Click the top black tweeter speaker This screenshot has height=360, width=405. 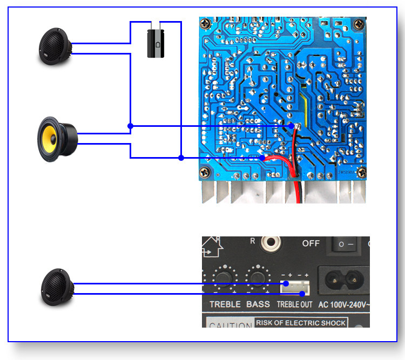55,47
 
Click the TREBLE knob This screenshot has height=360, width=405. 222,278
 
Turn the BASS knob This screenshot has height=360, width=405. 257,278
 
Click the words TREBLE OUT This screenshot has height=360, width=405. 295,304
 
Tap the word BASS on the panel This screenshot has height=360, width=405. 258,304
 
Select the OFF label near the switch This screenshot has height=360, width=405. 310,243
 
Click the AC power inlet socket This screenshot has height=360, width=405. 345,280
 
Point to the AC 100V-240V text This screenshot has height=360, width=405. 346,304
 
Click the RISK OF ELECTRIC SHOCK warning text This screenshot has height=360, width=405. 301,323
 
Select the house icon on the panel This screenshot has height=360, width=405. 211,247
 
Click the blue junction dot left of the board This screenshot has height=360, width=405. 130,126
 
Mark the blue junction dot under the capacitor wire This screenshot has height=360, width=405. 181,158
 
